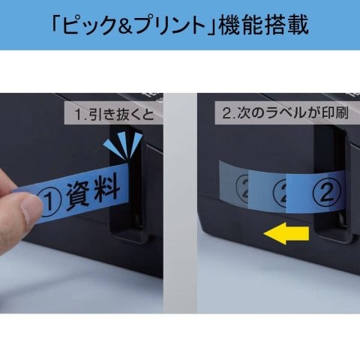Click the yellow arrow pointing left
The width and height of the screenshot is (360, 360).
coord(286,234)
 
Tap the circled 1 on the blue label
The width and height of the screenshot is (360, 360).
coord(50,203)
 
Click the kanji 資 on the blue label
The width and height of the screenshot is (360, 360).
coord(78,196)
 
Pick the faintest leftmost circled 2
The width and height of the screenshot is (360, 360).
coord(242,188)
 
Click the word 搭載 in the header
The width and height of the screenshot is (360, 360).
coord(286,25)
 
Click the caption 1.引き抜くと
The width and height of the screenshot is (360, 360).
coord(114,115)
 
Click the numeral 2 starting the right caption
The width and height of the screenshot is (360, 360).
coord(226,114)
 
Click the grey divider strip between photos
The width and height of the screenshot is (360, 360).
coord(180,203)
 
